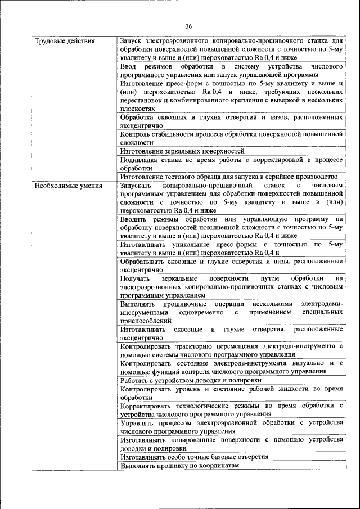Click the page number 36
188,26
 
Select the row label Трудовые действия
65,41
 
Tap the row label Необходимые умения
69,185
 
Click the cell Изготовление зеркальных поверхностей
182,151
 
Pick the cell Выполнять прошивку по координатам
179,466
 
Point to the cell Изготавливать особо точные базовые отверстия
194,457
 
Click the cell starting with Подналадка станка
231,164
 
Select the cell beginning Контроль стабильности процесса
231,138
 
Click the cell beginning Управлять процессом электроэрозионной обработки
231,427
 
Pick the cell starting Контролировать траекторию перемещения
231,350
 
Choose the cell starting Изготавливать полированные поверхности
231,444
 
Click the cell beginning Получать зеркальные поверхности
231,287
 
